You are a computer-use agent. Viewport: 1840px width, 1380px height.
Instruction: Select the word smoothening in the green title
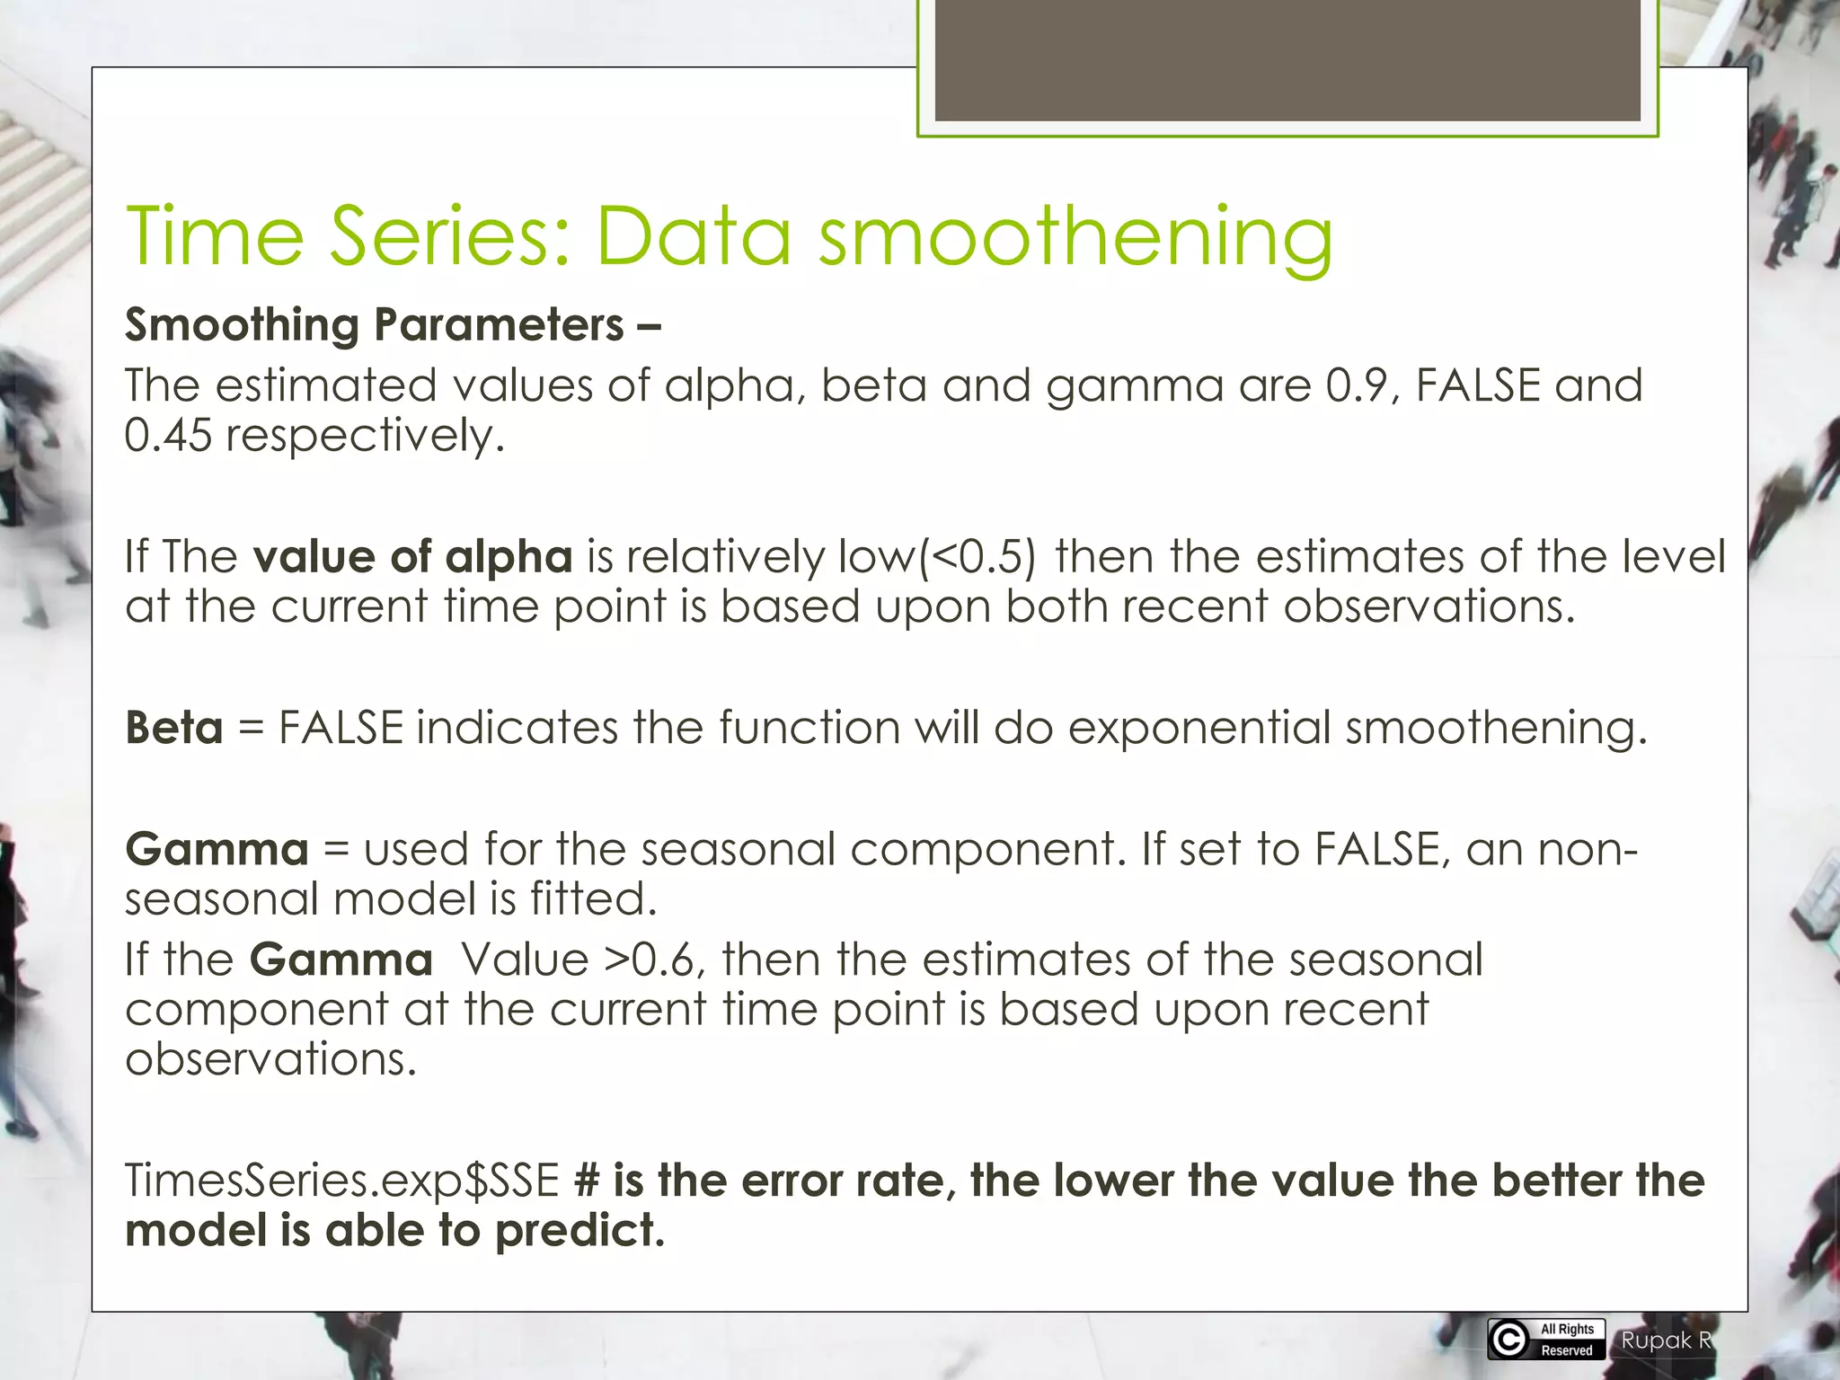(x=1075, y=237)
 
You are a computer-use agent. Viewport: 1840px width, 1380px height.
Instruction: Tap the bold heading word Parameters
(x=499, y=324)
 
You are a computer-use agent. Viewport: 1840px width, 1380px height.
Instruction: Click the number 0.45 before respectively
(x=168, y=436)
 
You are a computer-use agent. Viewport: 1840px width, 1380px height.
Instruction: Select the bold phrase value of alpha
(x=412, y=556)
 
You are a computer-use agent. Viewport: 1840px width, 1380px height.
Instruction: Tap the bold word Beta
(x=174, y=727)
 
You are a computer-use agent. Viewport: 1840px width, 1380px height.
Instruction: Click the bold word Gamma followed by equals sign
(x=217, y=849)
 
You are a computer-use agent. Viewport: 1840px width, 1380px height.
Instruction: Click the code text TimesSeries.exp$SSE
(x=342, y=1181)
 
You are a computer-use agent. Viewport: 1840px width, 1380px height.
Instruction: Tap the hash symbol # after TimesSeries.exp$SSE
(x=587, y=1181)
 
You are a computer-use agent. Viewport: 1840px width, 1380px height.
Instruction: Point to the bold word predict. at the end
(x=579, y=1231)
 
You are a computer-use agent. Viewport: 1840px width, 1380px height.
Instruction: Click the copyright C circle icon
(x=1509, y=1340)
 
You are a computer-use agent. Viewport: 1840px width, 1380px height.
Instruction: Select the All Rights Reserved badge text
(x=1567, y=1340)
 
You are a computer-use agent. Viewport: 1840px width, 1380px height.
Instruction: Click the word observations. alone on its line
(x=270, y=1059)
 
